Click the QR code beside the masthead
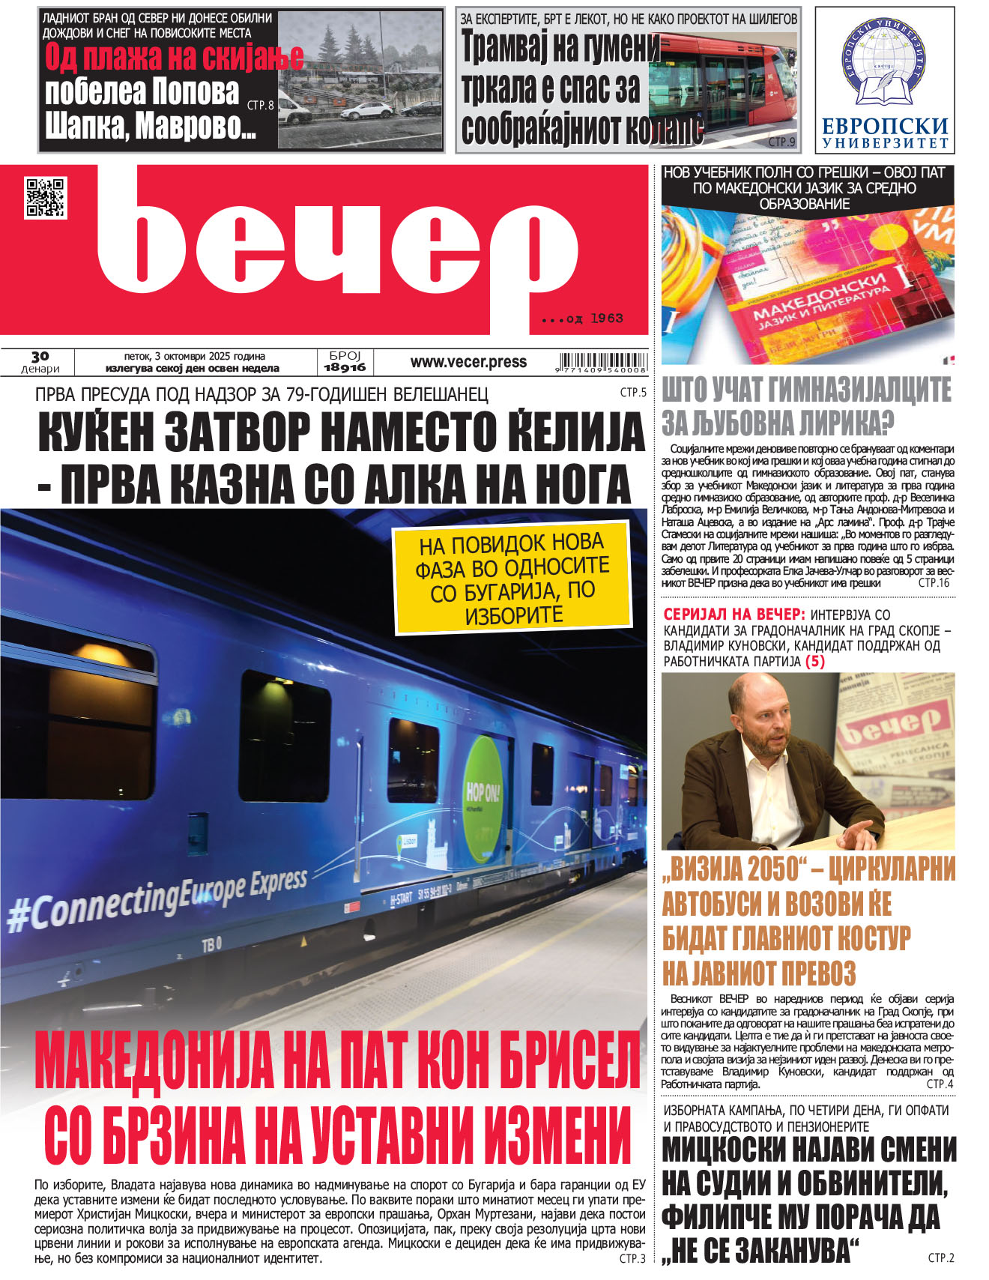[x=45, y=198]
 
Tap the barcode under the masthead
[x=602, y=362]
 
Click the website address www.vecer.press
[x=468, y=362]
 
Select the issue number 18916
[x=345, y=367]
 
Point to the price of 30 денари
[x=40, y=362]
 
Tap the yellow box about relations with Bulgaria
[x=513, y=579]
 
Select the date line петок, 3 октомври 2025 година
[x=194, y=356]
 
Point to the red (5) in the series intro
[x=814, y=661]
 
